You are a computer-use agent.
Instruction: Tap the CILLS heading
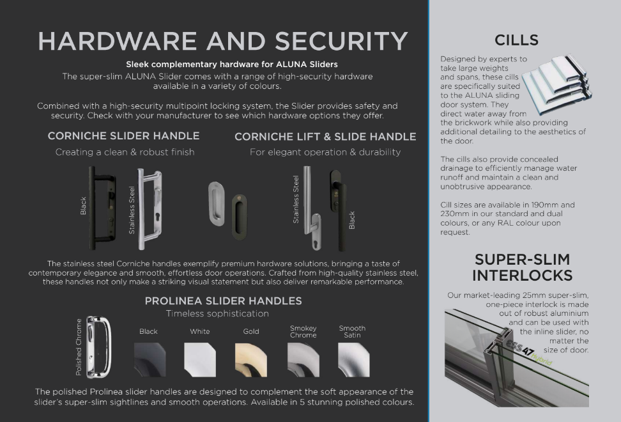[x=516, y=40]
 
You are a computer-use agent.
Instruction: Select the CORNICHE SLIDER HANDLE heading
[x=123, y=136]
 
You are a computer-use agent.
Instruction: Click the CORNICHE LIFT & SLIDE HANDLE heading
[x=325, y=137]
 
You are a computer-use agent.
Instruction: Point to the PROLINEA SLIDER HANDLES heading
[x=223, y=301]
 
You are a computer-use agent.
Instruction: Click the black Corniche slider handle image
[x=95, y=208]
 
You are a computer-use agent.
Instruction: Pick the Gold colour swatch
[x=251, y=359]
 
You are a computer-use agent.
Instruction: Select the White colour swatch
[x=200, y=359]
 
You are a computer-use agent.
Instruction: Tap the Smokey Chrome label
[x=303, y=332]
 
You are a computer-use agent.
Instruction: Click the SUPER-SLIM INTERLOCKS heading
[x=522, y=267]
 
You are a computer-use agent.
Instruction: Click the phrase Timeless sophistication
[x=217, y=313]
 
